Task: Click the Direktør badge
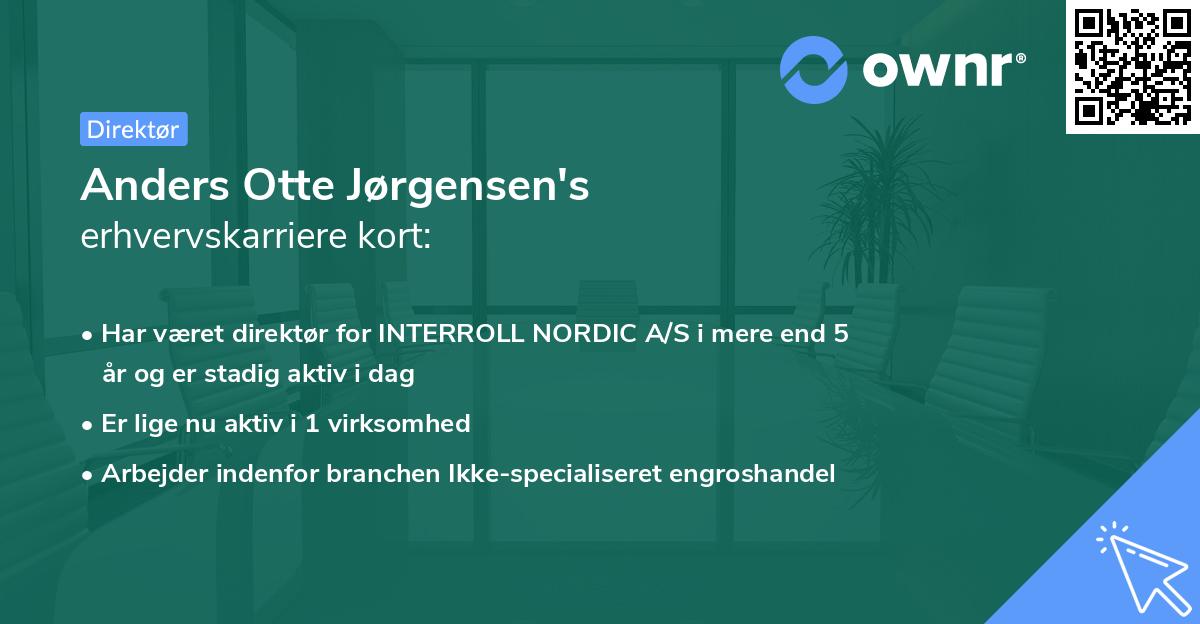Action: click(x=133, y=129)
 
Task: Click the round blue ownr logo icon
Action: click(x=814, y=69)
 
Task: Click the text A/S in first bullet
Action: click(x=666, y=333)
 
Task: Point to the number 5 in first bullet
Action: click(x=842, y=333)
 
